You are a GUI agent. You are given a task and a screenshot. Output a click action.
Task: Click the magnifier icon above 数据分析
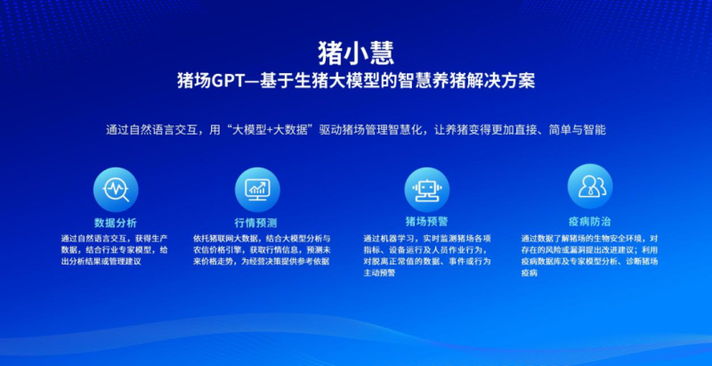116,188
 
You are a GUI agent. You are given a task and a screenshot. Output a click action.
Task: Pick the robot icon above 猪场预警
426,188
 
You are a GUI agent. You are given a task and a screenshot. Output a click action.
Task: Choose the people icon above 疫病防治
589,186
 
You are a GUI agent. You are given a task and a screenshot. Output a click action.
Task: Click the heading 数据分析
116,221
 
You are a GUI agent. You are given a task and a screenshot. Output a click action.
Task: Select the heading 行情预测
256,222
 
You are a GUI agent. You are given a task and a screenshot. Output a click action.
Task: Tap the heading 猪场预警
426,221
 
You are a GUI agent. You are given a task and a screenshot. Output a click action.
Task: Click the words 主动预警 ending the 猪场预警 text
378,272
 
